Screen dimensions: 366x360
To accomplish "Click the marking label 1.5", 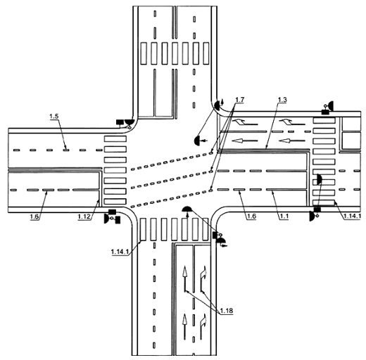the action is click(54, 116).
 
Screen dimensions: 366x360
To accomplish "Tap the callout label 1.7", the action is click(239, 100).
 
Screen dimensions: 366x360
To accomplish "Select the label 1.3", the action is click(282, 100).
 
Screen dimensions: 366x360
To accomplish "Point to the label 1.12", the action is click(84, 217).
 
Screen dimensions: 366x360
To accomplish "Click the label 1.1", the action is click(284, 217).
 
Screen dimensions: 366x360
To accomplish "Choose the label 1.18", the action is click(227, 311).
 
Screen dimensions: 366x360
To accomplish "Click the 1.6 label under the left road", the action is click(34, 217).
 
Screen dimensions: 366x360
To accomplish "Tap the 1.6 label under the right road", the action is click(251, 217).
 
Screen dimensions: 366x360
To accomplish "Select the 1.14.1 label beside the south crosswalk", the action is click(120, 252).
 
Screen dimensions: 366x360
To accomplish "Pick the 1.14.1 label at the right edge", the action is click(351, 217).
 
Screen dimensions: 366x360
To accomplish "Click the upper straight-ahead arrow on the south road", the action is click(185, 278).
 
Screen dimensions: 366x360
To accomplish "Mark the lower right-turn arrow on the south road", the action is click(203, 327).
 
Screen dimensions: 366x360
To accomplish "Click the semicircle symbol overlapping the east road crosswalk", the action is click(319, 179).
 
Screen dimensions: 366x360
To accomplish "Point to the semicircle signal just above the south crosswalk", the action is click(187, 209).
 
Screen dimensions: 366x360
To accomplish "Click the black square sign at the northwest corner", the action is click(120, 122).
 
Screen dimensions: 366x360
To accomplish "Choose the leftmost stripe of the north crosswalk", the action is click(144, 53).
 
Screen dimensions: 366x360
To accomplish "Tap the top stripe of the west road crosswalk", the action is click(115, 139).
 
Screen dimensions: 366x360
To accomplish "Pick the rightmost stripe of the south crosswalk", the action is click(206, 229).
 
